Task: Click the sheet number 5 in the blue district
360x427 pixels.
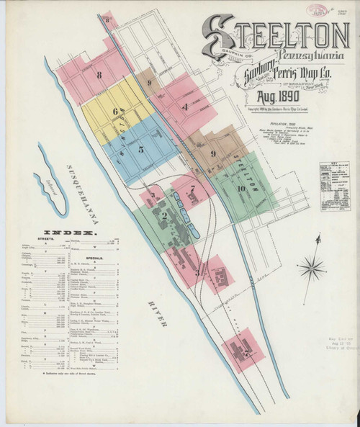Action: pyautogui.click(x=141, y=149)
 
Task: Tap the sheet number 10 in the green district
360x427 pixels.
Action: pyautogui.click(x=242, y=189)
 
